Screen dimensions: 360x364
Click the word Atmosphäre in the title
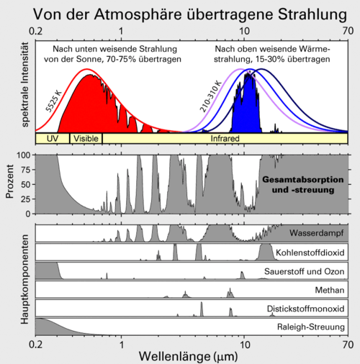(x=138, y=15)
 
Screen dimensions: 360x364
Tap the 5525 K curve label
(x=53, y=101)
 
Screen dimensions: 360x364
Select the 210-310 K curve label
(x=211, y=97)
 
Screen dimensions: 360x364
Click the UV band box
(x=53, y=139)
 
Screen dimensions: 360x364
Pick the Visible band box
(x=86, y=139)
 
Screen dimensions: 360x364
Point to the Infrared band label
(x=225, y=139)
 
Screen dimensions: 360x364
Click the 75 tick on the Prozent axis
(x=25, y=170)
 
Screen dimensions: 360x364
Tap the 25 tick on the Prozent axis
(x=25, y=199)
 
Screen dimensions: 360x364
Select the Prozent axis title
(x=9, y=181)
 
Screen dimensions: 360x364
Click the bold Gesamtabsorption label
(x=303, y=180)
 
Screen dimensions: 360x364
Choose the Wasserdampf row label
(x=317, y=233)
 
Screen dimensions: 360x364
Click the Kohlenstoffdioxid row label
(x=310, y=252)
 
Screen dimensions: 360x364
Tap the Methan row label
(x=330, y=290)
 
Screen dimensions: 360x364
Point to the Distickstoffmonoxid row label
(x=305, y=309)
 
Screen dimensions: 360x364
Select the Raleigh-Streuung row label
(x=311, y=327)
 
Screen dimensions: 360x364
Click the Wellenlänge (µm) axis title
(x=188, y=356)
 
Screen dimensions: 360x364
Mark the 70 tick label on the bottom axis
(x=348, y=345)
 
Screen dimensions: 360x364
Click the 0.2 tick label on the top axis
(x=36, y=31)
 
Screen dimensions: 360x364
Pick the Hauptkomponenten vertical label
(x=24, y=279)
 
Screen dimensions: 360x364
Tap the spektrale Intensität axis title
(x=25, y=84)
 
